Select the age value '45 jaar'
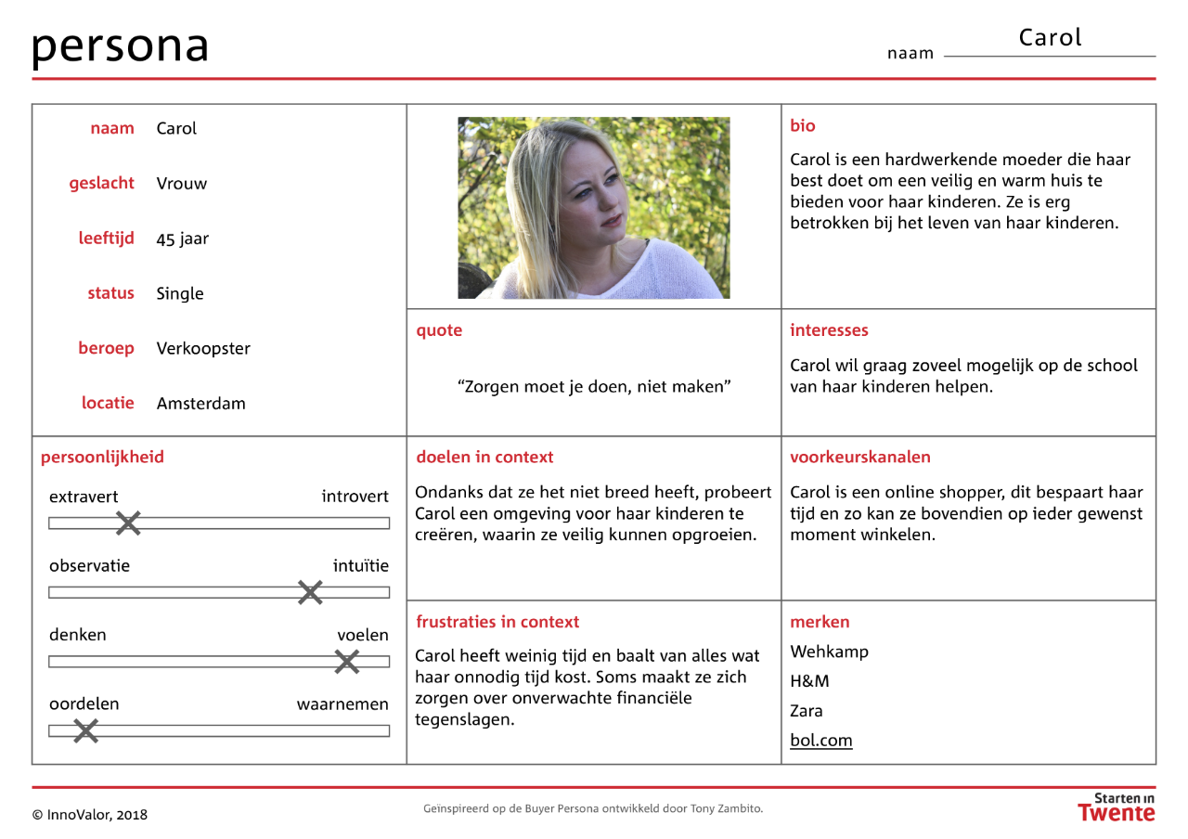[x=183, y=239]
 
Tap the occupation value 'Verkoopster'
[x=203, y=348]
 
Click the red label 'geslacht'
[x=101, y=183]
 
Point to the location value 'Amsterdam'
[x=200, y=403]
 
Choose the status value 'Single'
[x=180, y=293]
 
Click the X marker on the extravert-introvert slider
[x=128, y=523]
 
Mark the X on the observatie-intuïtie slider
[x=310, y=592]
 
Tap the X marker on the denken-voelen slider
[x=346, y=662]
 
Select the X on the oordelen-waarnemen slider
[x=85, y=731]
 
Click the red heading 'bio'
[x=803, y=125]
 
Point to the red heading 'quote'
[x=439, y=330]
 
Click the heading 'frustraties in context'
[x=497, y=622]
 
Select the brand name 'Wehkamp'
[x=829, y=652]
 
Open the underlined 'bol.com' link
[x=820, y=741]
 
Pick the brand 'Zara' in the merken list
[x=807, y=711]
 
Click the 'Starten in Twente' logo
[x=1117, y=807]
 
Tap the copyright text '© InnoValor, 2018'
[x=90, y=815]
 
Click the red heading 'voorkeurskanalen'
[x=860, y=457]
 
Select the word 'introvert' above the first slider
[x=355, y=497]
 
